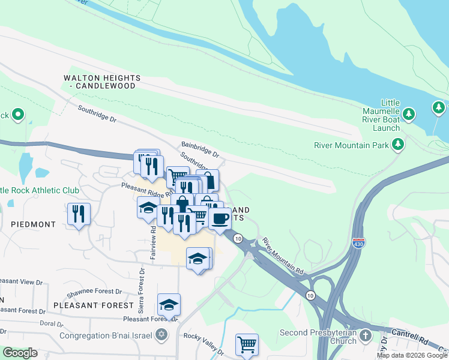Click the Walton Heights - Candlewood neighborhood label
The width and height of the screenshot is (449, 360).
coord(103,82)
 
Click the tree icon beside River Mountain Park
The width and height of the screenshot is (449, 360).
coord(397,144)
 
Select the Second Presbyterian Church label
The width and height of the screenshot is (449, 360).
coord(318,337)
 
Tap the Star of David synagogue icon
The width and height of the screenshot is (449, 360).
coord(161,334)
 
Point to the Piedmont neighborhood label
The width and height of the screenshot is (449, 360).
coord(33,224)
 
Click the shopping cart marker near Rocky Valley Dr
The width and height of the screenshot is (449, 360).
coord(247,344)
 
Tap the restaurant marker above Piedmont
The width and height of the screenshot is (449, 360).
coord(79,214)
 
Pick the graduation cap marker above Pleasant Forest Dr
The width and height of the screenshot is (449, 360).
coord(169,304)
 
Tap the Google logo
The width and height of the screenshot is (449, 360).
coord(20,353)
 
